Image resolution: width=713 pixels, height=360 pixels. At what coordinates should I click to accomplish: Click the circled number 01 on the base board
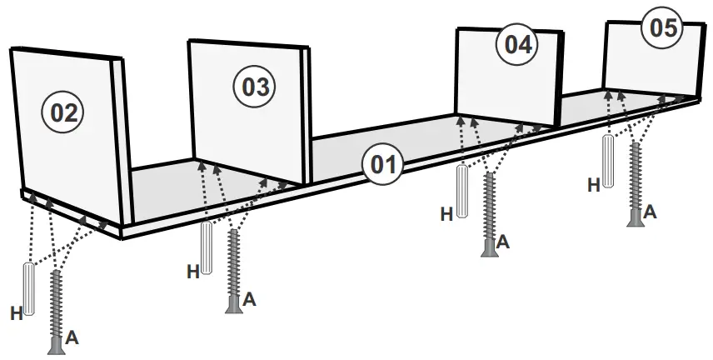[381, 163]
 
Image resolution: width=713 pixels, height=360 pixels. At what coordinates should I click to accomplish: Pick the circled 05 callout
[662, 27]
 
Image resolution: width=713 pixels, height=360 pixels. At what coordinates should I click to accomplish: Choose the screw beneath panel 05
[637, 184]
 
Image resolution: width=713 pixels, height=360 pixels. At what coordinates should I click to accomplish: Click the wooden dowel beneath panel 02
[30, 287]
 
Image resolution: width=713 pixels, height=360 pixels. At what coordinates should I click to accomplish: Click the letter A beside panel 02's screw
[72, 337]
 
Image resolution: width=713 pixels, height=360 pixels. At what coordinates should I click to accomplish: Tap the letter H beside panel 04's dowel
[446, 214]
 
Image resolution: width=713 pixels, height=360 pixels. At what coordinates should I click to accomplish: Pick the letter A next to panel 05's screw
[650, 212]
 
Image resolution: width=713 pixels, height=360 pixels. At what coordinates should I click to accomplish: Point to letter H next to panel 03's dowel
[192, 271]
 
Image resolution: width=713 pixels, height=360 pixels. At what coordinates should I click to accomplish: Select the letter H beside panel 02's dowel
[16, 313]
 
